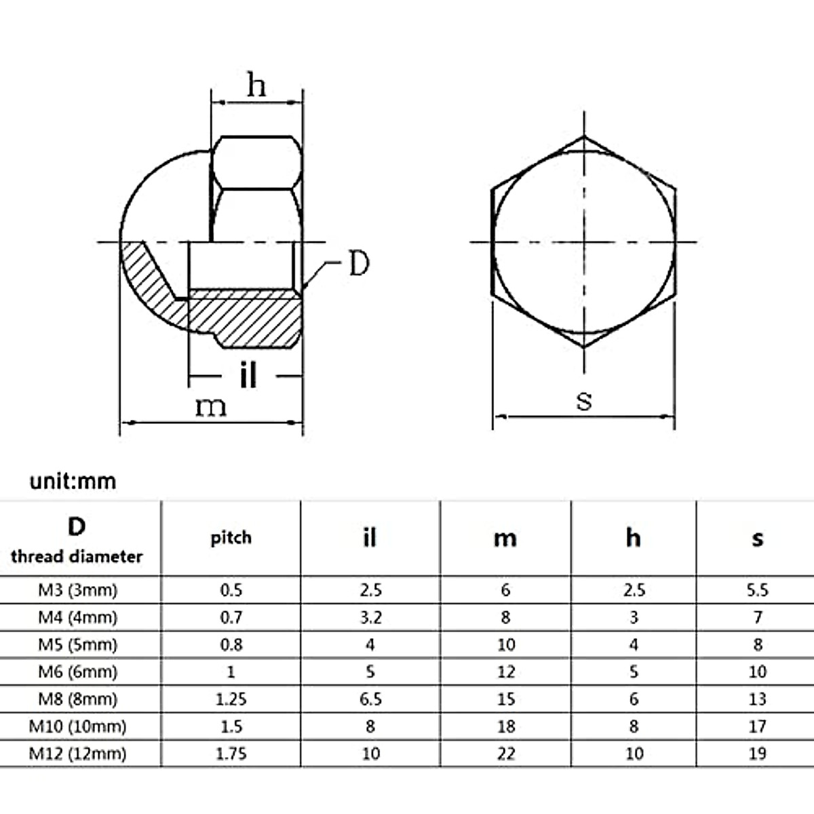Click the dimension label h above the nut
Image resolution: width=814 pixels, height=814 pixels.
coord(256,85)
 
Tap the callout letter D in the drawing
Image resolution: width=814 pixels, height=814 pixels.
coord(358,264)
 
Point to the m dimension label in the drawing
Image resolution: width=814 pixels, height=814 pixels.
coord(210,406)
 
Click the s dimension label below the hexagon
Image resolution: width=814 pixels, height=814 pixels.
coord(583,400)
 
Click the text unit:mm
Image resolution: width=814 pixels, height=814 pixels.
coord(73,482)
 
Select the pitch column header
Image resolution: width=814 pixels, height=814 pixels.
coord(231,538)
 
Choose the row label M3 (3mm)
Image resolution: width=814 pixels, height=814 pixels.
coord(77,590)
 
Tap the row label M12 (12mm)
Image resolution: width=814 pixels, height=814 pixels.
coord(77,754)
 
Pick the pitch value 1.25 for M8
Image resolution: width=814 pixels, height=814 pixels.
coord(231,699)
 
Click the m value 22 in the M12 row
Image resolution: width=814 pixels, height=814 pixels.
coord(505,754)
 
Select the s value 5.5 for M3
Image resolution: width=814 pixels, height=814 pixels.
coord(757,590)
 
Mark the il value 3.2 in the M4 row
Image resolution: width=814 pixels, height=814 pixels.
coord(370,617)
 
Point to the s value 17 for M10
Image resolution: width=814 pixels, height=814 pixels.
coord(757,726)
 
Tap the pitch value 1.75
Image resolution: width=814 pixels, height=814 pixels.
coord(231,754)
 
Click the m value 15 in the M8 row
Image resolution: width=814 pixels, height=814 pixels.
coord(505,699)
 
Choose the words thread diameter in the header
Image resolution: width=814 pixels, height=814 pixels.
coord(77,557)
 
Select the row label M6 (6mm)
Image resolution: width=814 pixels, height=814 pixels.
coord(77,672)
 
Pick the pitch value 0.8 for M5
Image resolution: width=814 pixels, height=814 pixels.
coord(231,644)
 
